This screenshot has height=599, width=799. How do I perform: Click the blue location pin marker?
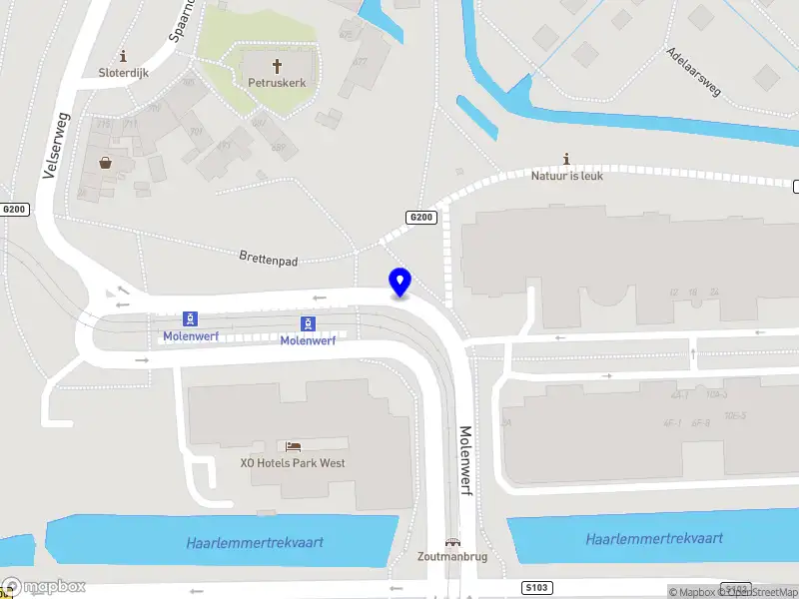click(x=399, y=282)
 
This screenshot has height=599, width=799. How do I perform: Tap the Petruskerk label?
click(x=277, y=83)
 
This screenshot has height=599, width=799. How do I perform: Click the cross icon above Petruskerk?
click(x=277, y=65)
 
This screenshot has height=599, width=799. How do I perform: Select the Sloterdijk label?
click(x=124, y=72)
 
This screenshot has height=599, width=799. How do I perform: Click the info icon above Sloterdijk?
click(x=123, y=55)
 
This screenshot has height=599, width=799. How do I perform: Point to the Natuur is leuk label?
click(x=567, y=176)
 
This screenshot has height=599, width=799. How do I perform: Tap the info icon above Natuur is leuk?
click(x=567, y=159)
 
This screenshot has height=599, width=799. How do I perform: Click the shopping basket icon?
click(x=104, y=162)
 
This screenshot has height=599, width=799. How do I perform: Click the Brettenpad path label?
click(x=269, y=258)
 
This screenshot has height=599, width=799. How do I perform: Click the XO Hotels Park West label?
click(x=293, y=463)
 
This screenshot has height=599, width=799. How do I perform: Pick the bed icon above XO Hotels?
click(x=293, y=446)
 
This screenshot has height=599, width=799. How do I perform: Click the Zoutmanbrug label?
click(x=452, y=557)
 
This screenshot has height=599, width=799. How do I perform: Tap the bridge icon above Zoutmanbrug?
click(x=452, y=542)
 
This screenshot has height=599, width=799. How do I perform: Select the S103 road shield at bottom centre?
click(x=535, y=589)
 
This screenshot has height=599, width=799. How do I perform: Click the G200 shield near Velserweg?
click(x=14, y=210)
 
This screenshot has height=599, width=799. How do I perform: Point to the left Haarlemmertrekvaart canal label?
click(x=255, y=542)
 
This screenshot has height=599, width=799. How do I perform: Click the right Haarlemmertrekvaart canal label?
click(x=654, y=538)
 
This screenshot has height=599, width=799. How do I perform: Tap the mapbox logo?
click(x=45, y=587)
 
